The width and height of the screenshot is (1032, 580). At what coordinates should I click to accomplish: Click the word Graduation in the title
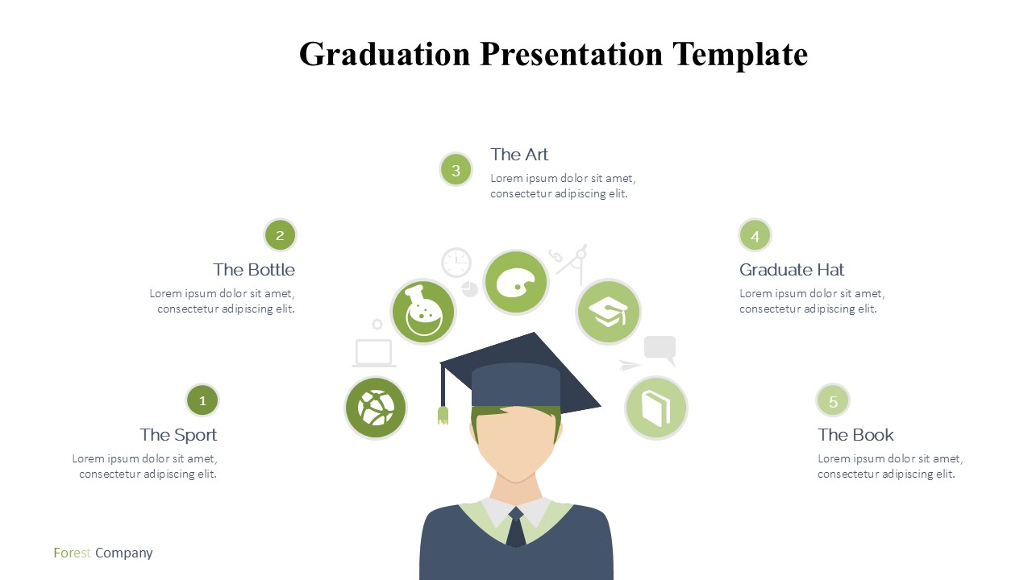click(x=385, y=55)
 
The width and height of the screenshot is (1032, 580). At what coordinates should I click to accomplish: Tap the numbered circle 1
click(x=202, y=400)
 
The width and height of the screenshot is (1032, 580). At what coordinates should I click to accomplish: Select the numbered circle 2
click(x=280, y=235)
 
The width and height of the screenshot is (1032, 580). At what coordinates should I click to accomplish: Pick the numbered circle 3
click(x=456, y=170)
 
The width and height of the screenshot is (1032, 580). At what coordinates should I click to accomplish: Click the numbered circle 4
click(x=755, y=236)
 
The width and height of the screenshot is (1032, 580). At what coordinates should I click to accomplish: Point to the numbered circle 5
click(x=833, y=400)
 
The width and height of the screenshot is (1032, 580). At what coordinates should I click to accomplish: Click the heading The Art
click(x=519, y=155)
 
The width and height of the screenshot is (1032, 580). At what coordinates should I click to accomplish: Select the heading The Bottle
click(x=254, y=270)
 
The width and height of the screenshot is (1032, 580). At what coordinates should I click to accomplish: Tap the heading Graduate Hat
click(x=792, y=270)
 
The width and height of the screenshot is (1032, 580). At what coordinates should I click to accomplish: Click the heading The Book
click(x=855, y=435)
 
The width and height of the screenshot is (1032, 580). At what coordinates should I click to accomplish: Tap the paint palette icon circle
click(x=516, y=282)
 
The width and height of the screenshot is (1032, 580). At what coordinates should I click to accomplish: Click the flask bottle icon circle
click(x=423, y=312)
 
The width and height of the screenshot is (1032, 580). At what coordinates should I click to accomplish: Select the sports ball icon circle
click(x=376, y=408)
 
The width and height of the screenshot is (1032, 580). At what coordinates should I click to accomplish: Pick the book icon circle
click(x=656, y=408)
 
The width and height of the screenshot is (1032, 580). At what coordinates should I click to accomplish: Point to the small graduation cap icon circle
click(x=608, y=312)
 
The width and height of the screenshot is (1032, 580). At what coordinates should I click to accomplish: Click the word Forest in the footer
click(x=72, y=553)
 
